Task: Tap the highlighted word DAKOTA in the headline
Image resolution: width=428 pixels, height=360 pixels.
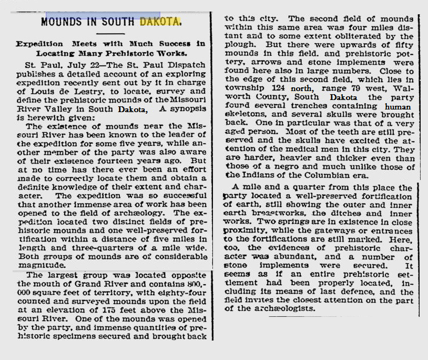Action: coord(160,22)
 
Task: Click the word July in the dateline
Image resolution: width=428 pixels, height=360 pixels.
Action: coord(67,64)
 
